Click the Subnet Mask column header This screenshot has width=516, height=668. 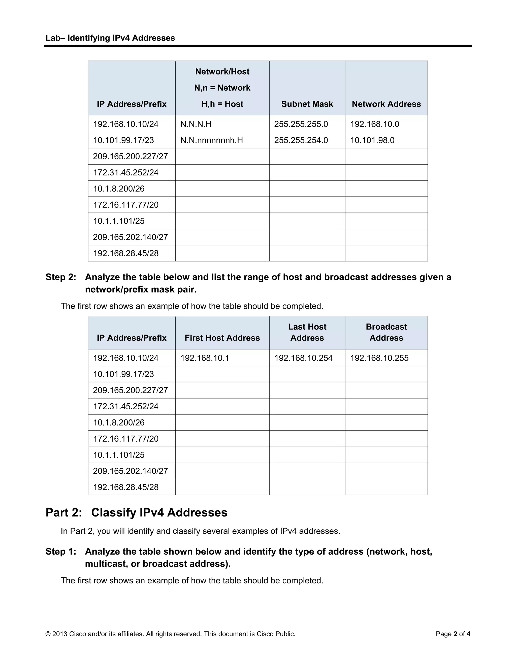[307, 104]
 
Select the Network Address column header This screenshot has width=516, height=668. [386, 104]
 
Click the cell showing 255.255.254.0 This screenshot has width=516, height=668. [301, 140]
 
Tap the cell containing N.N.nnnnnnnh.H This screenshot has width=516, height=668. [212, 140]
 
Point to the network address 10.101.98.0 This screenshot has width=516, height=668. [372, 140]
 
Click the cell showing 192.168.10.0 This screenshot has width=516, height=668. [374, 124]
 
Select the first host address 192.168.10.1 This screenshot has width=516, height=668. [205, 358]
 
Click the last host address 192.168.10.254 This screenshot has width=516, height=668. [303, 358]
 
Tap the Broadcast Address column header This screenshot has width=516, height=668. [386, 332]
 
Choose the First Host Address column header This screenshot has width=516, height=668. [222, 338]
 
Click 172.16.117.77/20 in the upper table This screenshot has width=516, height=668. [126, 205]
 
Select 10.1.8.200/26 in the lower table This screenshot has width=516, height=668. [119, 423]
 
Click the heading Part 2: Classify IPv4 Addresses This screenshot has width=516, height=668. [136, 513]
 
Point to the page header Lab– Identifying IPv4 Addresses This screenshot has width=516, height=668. [110, 38]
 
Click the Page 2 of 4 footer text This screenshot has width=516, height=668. [453, 634]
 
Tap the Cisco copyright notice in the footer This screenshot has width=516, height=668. [170, 634]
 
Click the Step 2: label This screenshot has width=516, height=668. [61, 277]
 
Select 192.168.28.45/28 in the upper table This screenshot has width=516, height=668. [126, 253]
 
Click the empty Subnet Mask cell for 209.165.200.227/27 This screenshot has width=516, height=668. [307, 157]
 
